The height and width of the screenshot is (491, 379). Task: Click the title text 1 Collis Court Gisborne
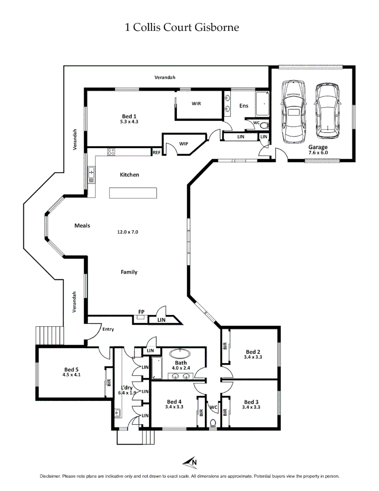coord(182,28)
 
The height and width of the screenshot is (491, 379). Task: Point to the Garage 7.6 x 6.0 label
coord(318,150)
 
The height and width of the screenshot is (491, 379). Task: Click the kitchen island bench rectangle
coord(133,193)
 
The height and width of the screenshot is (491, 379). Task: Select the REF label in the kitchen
coord(156,153)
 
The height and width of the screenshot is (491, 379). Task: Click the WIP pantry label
coord(184,144)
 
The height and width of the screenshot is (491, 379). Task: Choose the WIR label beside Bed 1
coord(196,104)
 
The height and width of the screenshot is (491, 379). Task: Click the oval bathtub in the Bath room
coord(182,352)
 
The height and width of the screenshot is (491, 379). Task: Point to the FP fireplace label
coord(141,312)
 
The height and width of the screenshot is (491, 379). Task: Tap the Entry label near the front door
coord(108,329)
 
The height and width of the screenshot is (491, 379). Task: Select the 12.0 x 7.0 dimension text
coord(128,232)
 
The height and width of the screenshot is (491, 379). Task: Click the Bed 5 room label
coord(71,369)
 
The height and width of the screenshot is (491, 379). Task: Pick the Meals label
coord(82,225)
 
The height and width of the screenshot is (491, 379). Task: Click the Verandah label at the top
coord(165,78)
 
